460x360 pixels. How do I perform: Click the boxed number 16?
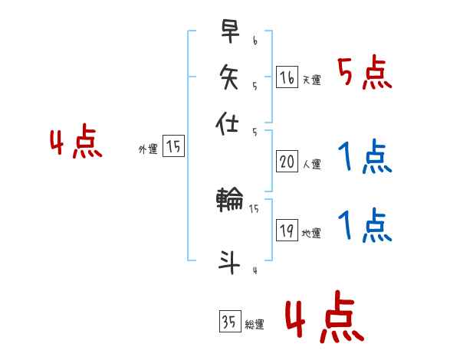coord(287,77)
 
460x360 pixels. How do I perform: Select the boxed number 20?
coord(287,162)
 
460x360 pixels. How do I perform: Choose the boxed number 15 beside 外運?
coord(174,147)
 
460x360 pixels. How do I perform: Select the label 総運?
coord(255,325)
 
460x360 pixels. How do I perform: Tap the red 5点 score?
coord(364,74)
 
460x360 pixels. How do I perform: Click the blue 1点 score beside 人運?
coord(364,159)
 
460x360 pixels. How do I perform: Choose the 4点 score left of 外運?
coord(76,144)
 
